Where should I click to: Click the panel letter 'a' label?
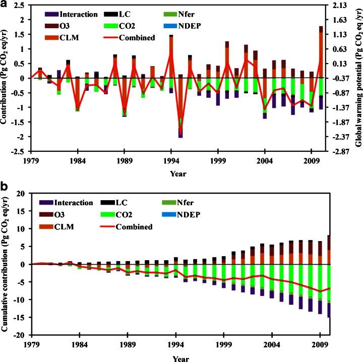click(x=5, y=5)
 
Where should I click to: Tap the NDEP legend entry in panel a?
click(x=210, y=26)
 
